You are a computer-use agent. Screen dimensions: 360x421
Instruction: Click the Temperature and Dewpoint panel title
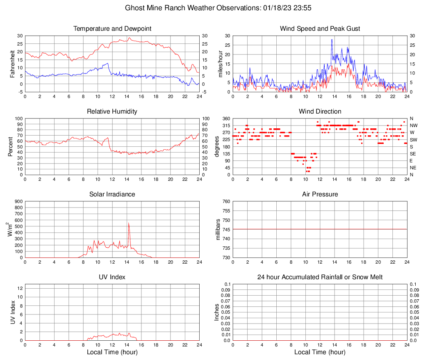112,29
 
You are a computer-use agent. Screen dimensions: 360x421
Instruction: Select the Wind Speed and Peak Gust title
320,29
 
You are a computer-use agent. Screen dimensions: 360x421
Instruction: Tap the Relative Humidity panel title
112,112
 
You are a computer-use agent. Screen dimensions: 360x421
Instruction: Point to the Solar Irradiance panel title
112,194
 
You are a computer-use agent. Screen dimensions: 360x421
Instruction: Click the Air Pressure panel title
320,194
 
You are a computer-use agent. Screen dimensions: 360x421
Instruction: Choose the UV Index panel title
112,277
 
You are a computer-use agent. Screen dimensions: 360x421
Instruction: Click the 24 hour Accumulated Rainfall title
320,277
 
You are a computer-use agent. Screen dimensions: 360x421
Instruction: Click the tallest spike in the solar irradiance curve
129,223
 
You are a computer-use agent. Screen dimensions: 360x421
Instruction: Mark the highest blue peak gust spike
332,40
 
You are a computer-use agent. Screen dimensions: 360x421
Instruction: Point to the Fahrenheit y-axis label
13,64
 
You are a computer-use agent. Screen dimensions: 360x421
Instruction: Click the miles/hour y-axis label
221,64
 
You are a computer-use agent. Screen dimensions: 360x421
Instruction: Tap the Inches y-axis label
217,312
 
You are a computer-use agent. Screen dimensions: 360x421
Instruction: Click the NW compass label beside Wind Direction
414,125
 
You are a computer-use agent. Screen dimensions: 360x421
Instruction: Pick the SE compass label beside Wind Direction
413,154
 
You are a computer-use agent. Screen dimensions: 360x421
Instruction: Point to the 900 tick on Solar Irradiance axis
18,201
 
